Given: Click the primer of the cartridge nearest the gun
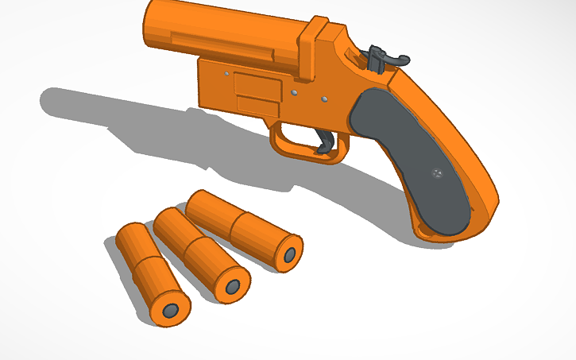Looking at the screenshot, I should [x=290, y=255].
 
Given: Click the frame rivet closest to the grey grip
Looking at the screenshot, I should [x=325, y=99].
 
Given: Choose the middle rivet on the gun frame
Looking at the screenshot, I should [x=293, y=93].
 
